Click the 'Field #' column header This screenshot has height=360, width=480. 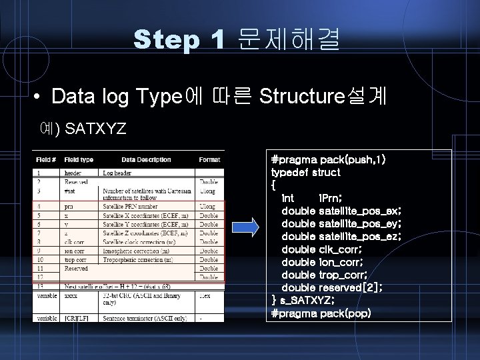[x=46, y=160]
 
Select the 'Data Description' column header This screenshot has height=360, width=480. [x=146, y=160]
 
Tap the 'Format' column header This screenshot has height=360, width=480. [x=209, y=160]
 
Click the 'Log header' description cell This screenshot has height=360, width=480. [x=116, y=172]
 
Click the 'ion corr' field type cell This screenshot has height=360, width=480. [x=75, y=251]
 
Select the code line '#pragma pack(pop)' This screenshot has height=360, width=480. [x=321, y=313]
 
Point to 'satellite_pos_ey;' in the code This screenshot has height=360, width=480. [x=360, y=223]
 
